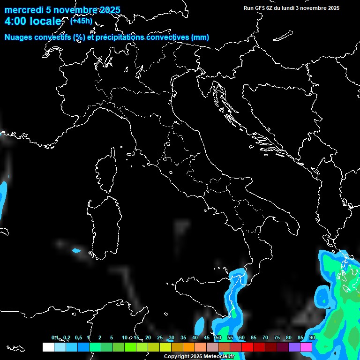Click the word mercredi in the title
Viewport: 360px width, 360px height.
point(24,10)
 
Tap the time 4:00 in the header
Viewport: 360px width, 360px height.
point(15,22)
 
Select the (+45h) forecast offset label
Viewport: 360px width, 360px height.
point(81,21)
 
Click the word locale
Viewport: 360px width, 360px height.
point(45,22)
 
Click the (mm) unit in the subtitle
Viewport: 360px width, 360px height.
point(200,37)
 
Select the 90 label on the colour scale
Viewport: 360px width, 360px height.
point(312,337)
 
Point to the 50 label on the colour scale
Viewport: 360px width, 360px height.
point(218,337)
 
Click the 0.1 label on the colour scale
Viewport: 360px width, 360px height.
point(55,337)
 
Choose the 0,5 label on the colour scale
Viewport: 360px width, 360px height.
point(78,337)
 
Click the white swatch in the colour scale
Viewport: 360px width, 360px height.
point(48,347)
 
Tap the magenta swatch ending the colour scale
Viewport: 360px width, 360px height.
point(306,347)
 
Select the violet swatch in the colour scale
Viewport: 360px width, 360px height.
point(294,347)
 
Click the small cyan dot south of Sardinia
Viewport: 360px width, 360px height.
point(76,251)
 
